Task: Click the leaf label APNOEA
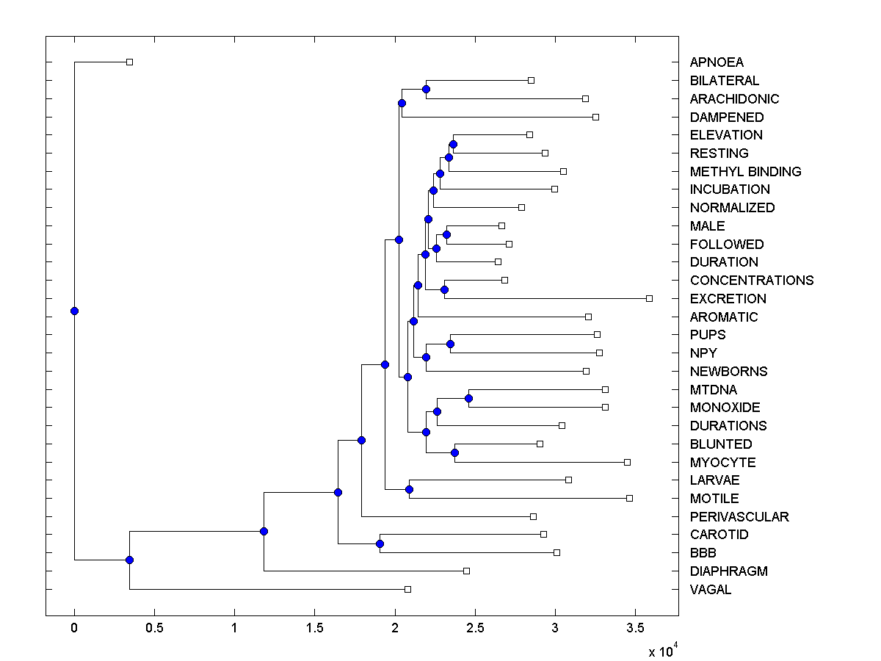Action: coord(716,62)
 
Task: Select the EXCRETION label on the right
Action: coord(728,299)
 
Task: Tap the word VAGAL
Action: coord(710,589)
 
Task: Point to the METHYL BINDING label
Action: coord(745,172)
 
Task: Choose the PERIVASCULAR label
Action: coord(739,517)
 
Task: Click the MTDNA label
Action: coord(713,389)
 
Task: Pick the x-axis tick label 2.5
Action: coord(475,629)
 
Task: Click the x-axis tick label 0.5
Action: coord(154,629)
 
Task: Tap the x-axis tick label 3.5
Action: coord(635,629)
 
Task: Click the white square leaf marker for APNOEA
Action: coord(129,62)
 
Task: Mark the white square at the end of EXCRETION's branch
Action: coord(649,298)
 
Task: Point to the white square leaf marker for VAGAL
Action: coord(407,589)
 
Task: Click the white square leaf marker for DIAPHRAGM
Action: coord(466,571)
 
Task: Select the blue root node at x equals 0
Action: coord(74,311)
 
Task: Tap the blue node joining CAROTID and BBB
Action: coord(380,544)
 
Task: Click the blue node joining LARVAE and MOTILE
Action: coord(409,489)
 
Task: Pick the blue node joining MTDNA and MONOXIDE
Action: coord(468,398)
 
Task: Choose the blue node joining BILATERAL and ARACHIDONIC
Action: coord(426,89)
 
